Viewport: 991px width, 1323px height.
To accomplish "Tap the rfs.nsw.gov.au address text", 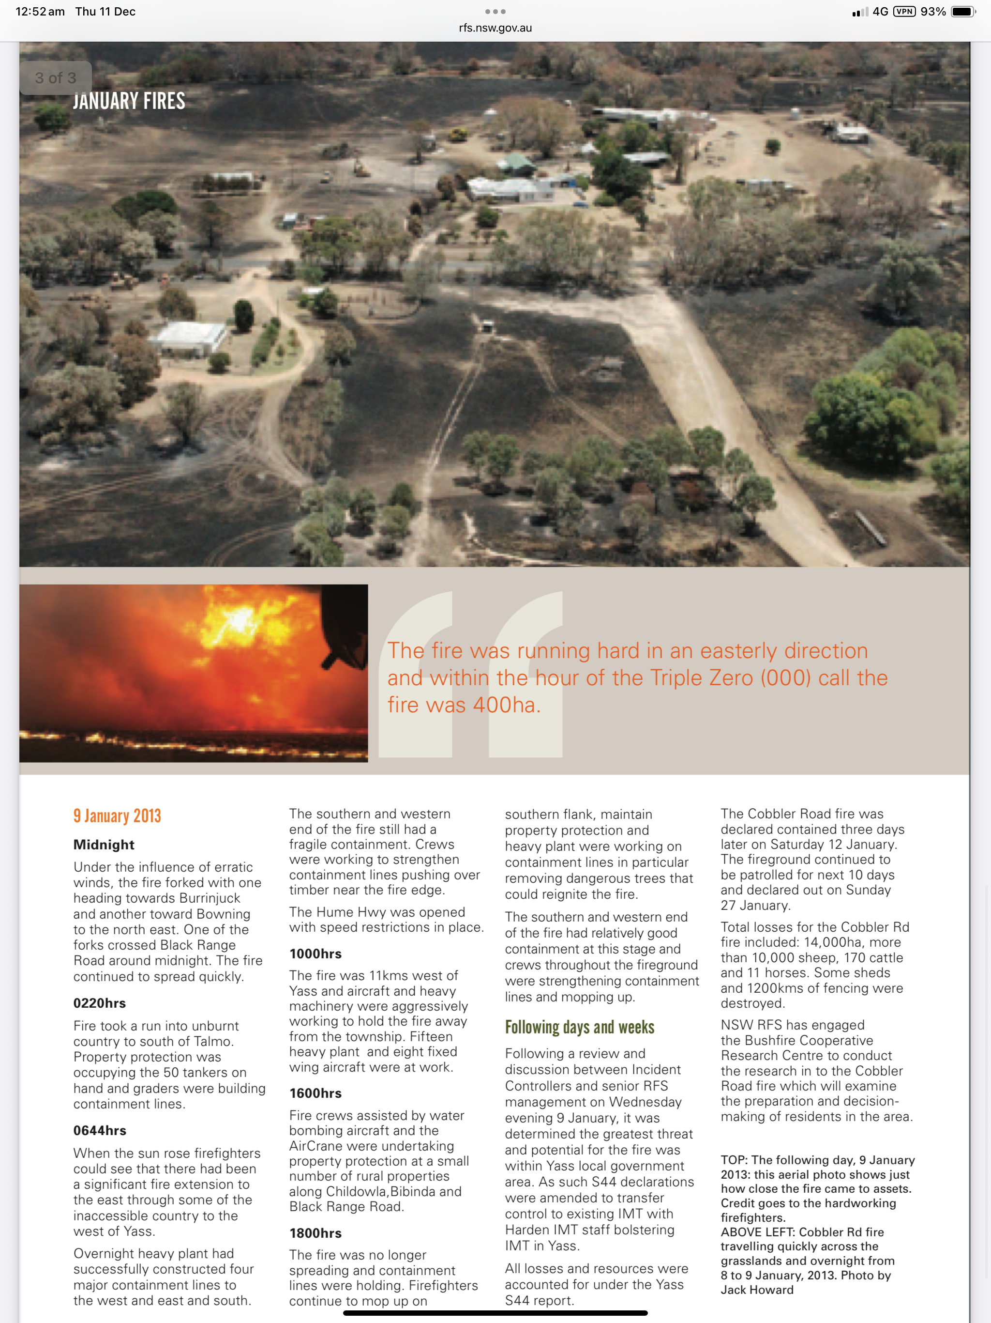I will pos(495,28).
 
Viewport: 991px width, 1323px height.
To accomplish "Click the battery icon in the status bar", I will pos(962,11).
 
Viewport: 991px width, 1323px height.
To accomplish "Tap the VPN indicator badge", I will pos(904,11).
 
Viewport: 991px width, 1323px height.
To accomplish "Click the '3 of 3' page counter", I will pos(56,78).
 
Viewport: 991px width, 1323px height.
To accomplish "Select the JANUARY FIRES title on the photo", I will pos(129,101).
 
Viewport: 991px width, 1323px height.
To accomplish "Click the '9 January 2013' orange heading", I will pos(117,816).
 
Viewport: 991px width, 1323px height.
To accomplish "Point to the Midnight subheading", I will pos(104,845).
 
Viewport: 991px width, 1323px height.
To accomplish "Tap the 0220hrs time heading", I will pos(100,1003).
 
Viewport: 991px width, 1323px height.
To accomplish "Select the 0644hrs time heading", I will pos(100,1130).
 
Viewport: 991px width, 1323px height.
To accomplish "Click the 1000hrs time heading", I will pos(315,954).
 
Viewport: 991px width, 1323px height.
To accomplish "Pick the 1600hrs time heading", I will pos(315,1093).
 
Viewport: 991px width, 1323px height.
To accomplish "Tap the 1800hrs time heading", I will pos(315,1233).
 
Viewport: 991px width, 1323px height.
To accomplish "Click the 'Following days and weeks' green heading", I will pos(579,1028).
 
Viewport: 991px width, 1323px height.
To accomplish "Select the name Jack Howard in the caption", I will pos(757,1290).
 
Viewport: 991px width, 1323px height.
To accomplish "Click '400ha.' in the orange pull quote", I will pos(506,705).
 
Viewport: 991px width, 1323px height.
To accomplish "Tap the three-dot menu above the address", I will pos(495,11).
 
